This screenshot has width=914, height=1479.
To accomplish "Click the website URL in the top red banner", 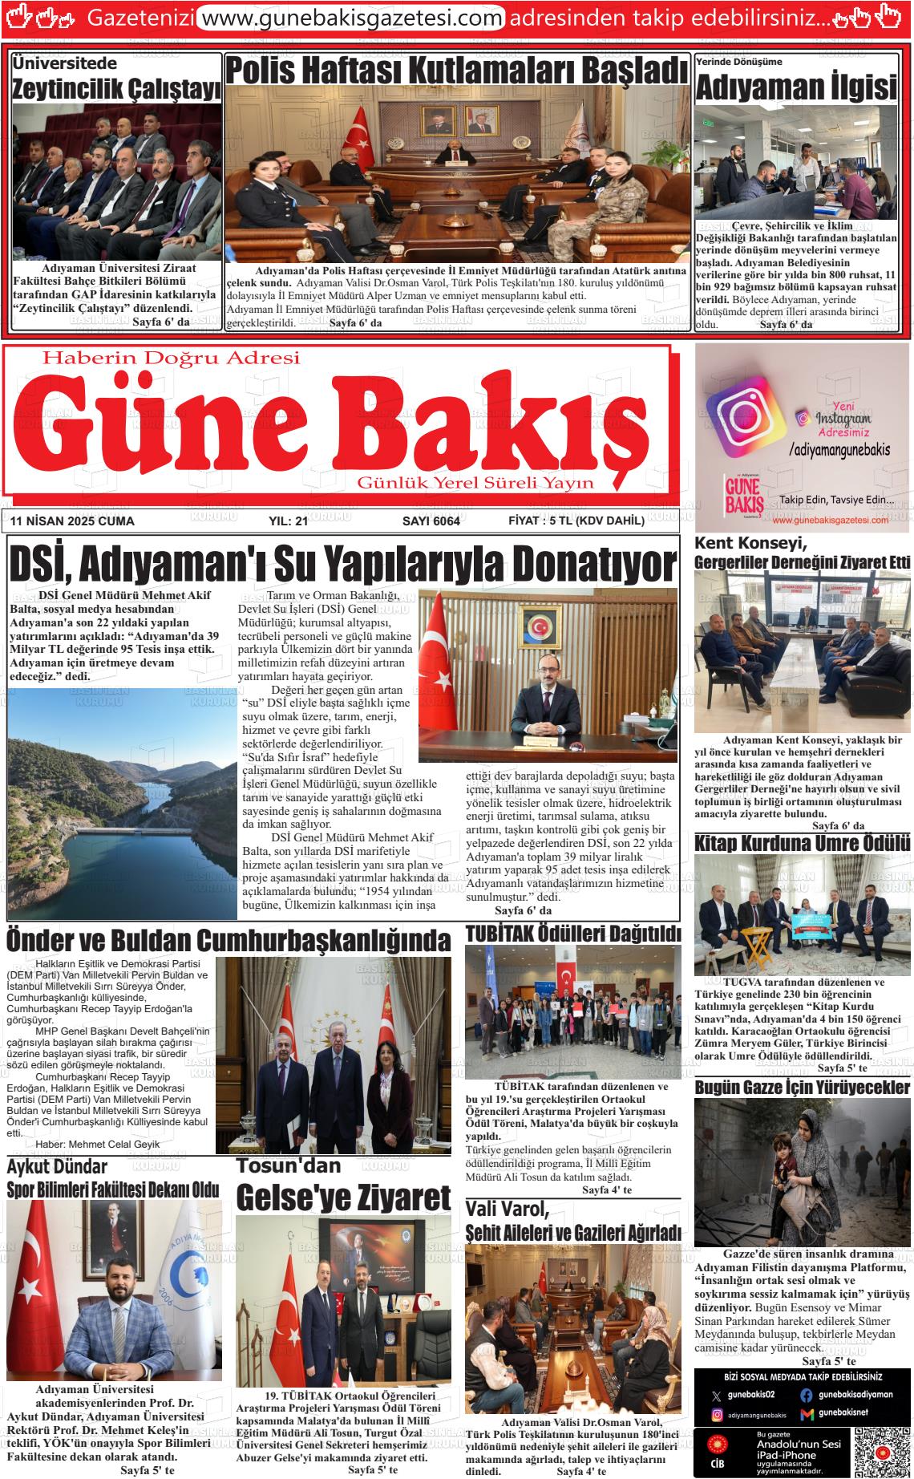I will pos(350,18).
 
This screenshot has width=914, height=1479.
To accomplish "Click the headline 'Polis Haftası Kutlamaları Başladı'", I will pos(457,71).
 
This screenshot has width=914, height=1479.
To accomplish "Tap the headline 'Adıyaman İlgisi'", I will pos(795,87).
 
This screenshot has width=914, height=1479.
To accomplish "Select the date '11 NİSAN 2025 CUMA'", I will pos(73,521).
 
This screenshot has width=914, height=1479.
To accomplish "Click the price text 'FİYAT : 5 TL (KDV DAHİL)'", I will pos(576,521).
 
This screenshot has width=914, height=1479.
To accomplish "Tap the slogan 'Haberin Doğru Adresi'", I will pos(171,358).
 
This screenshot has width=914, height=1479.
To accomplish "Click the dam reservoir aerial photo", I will pos(122,803).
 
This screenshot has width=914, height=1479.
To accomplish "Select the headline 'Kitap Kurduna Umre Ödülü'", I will pos(802,844).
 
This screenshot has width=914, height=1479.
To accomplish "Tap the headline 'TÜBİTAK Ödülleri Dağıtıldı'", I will pos(572,934).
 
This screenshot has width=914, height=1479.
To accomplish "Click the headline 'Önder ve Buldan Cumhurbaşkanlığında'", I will pos(228,939).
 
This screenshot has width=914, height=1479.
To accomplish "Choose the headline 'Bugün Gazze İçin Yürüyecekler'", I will pos(802,1088).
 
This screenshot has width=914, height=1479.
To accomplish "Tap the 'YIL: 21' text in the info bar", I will pos(289,521).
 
